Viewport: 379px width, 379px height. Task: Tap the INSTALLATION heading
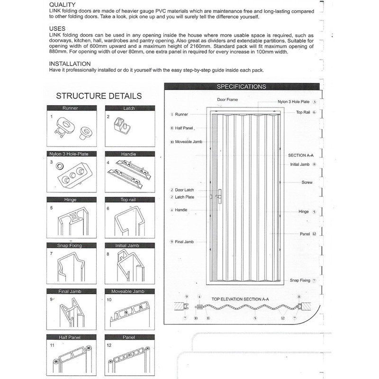click(x=70, y=63)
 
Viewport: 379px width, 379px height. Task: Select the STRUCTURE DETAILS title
click(x=99, y=96)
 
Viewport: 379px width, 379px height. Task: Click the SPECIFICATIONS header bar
click(x=241, y=87)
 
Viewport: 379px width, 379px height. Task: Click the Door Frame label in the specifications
click(x=227, y=100)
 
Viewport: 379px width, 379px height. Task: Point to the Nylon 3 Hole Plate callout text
click(x=293, y=102)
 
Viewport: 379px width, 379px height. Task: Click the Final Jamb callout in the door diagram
click(x=185, y=242)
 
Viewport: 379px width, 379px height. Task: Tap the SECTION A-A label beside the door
click(x=298, y=155)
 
